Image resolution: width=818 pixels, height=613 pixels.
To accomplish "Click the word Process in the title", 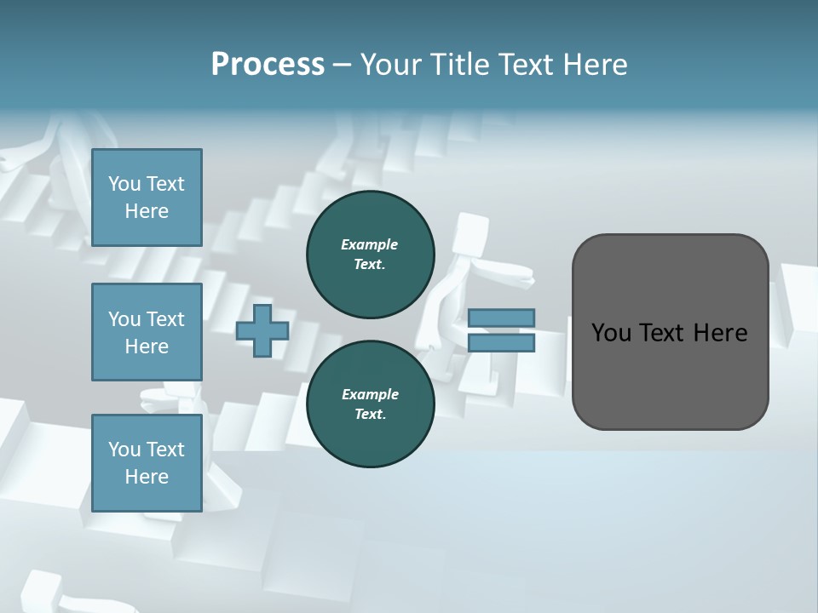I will pyautogui.click(x=268, y=65).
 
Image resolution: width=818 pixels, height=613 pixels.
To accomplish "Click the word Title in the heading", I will pyautogui.click(x=461, y=65).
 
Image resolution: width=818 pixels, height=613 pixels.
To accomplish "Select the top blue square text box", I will pyautogui.click(x=147, y=198).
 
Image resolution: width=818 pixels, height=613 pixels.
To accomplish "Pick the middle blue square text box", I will pyautogui.click(x=147, y=332).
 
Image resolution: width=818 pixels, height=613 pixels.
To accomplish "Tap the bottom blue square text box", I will pyautogui.click(x=147, y=463).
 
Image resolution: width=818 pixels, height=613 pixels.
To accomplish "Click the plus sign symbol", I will pyautogui.click(x=262, y=330).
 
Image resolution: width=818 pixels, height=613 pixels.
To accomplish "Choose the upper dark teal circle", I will pyautogui.click(x=370, y=255).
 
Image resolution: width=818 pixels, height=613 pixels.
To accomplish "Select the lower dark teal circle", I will pyautogui.click(x=370, y=404).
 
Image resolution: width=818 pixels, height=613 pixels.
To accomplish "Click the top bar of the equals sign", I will pyautogui.click(x=501, y=318).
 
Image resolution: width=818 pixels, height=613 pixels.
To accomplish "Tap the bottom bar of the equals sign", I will pyautogui.click(x=501, y=342).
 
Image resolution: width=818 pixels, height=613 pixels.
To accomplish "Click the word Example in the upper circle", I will pyautogui.click(x=369, y=244).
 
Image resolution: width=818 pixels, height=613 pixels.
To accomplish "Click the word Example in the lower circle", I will pyautogui.click(x=370, y=394).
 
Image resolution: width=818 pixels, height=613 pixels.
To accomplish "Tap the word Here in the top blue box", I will pyautogui.click(x=147, y=211).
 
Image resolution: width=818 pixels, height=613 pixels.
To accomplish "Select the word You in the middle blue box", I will pyautogui.click(x=124, y=319).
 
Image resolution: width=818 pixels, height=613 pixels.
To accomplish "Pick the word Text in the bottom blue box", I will pyautogui.click(x=165, y=450).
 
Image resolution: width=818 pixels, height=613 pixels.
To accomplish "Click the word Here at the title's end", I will pyautogui.click(x=596, y=65).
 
